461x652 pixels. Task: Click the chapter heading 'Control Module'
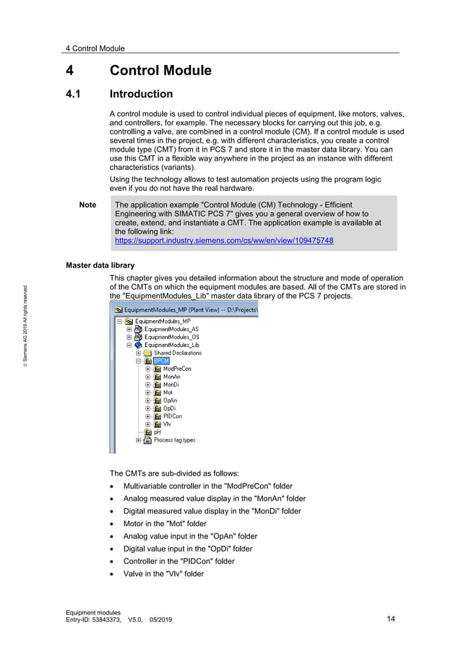point(160,71)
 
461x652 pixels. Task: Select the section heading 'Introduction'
point(141,94)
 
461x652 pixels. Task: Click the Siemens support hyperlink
point(224,240)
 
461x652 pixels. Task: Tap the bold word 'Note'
point(87,205)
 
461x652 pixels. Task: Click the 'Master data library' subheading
point(100,266)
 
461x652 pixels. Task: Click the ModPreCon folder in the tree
point(176,369)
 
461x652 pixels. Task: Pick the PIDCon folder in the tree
point(172,416)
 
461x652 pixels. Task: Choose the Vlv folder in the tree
point(167,424)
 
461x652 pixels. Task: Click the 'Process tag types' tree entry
point(174,440)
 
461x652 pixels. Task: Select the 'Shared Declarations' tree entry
point(177,353)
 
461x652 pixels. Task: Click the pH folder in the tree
point(157,432)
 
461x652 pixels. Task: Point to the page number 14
point(391,619)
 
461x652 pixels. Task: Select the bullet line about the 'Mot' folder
point(165,523)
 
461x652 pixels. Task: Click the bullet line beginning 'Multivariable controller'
point(207,486)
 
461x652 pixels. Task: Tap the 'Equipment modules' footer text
point(93,612)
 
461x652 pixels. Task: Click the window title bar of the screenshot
point(184,309)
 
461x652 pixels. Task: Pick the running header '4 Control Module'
point(95,48)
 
